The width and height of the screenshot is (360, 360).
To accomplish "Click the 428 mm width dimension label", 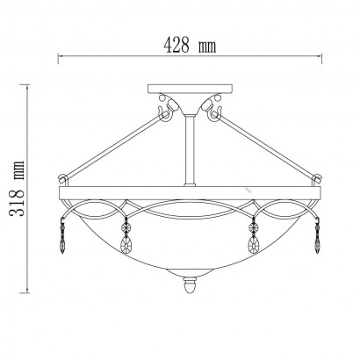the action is [x=190, y=46].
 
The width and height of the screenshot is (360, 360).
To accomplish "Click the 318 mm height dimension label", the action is [x=17, y=189].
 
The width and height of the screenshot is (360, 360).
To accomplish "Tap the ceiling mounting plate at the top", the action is [x=191, y=89].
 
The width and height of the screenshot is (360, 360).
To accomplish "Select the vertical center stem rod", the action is [x=190, y=150].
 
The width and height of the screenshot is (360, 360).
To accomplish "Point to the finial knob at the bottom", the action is [x=190, y=285].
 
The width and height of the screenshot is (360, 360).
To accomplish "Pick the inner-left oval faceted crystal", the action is [x=126, y=244].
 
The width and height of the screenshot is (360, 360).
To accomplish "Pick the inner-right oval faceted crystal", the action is [x=254, y=244].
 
